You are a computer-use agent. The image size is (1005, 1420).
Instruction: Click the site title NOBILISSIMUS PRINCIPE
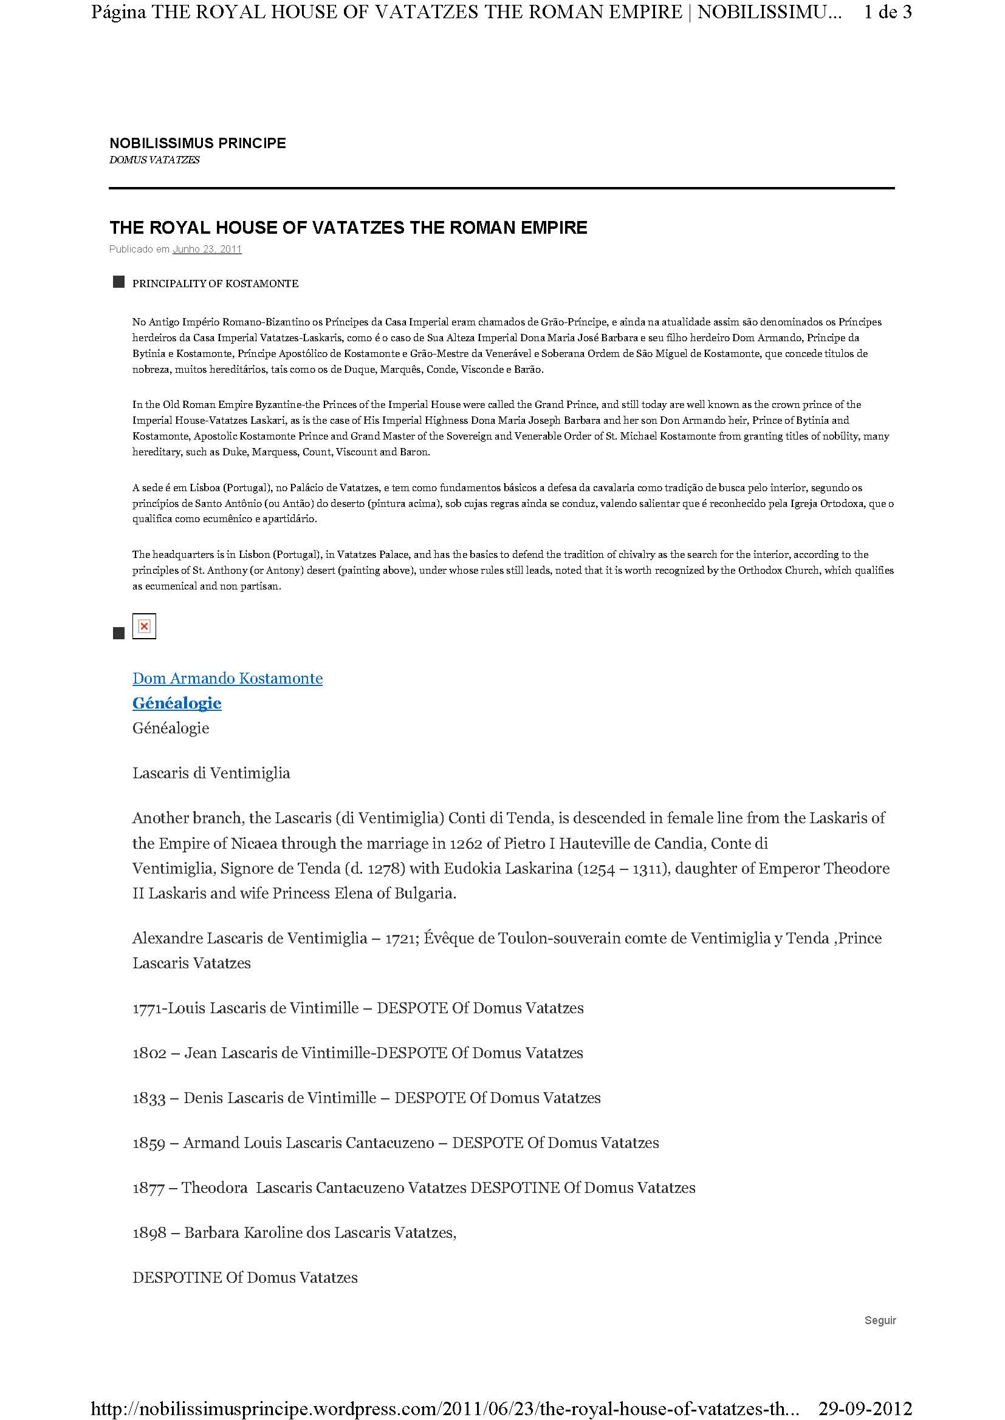click(x=197, y=143)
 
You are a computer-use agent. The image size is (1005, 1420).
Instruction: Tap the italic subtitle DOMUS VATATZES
click(x=154, y=160)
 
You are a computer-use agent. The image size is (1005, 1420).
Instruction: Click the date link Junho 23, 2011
click(x=207, y=250)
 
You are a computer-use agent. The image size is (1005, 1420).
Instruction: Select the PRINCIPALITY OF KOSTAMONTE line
click(x=214, y=284)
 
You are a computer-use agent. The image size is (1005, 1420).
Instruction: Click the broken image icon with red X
click(x=144, y=627)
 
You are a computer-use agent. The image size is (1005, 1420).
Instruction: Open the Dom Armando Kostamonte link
click(x=227, y=679)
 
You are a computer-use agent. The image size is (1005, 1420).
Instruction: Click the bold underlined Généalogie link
click(x=176, y=703)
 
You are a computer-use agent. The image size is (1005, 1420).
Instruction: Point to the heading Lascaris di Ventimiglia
click(x=211, y=773)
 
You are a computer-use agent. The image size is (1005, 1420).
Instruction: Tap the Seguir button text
click(x=880, y=1320)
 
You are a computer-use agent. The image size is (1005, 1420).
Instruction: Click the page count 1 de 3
click(x=887, y=12)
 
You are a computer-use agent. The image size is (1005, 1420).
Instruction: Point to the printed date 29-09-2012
click(x=865, y=1408)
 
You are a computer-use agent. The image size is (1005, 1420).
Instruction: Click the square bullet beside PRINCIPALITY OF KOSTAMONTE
click(x=119, y=283)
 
